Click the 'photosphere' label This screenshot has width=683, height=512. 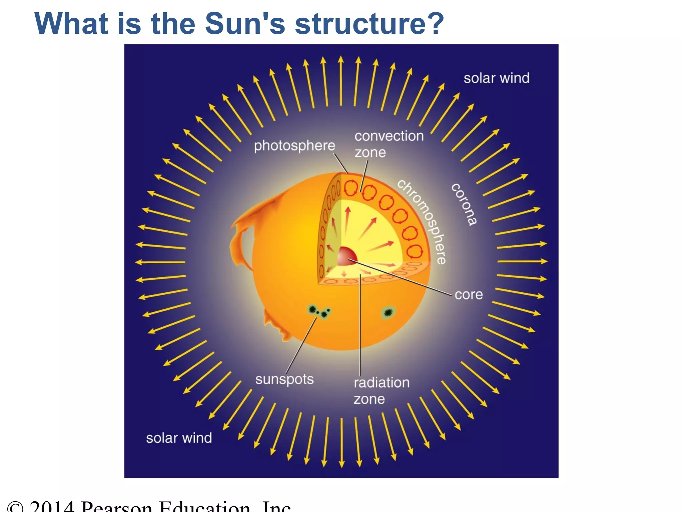pos(294,146)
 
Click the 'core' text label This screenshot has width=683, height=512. pos(469,295)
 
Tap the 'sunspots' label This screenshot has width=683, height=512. pos(284,379)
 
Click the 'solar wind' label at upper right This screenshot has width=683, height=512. pos(496,78)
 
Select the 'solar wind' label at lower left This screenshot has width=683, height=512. pos(179,438)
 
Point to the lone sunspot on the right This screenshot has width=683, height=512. pos(388,312)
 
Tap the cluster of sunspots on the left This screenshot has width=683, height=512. pos(318,312)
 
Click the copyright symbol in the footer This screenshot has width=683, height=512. pos(15,508)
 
